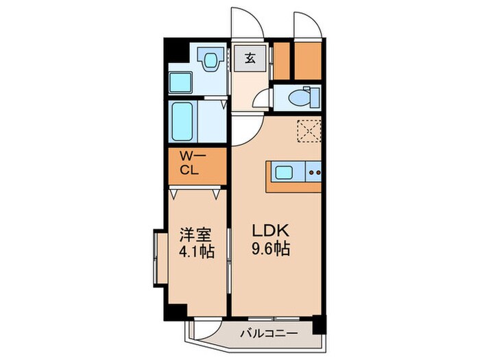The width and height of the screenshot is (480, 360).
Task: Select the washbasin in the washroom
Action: pyautogui.click(x=212, y=58)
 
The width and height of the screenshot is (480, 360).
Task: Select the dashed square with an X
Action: pyautogui.click(x=309, y=130)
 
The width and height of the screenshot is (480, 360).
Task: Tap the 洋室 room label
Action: pyautogui.click(x=194, y=235)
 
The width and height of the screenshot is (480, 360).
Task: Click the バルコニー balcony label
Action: pyautogui.click(x=268, y=334)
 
